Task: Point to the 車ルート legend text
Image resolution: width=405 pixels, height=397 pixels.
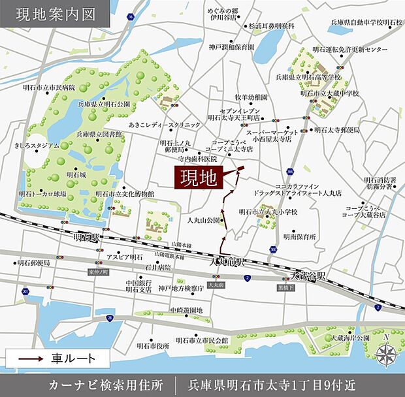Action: (x=74, y=358)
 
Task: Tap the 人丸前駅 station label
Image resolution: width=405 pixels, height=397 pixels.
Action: (x=226, y=262)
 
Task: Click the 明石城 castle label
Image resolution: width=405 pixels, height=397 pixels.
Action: (x=77, y=176)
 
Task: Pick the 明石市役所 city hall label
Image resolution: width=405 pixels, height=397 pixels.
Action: (x=153, y=345)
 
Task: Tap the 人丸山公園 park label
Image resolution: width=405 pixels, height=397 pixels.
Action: (x=203, y=221)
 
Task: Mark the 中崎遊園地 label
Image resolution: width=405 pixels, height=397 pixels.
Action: (x=186, y=310)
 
